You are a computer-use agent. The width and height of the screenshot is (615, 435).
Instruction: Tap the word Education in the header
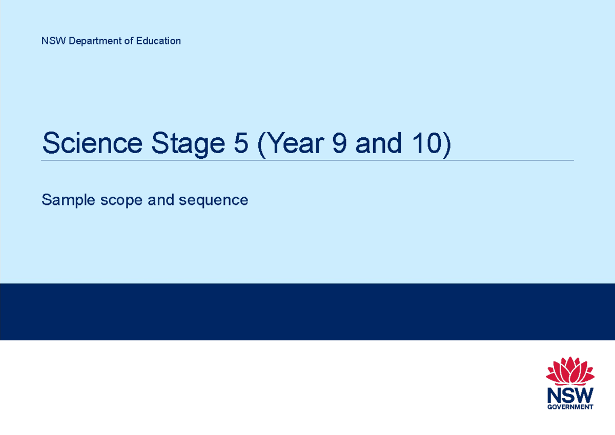[x=158, y=41]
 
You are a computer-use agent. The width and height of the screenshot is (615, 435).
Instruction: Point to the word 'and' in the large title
[x=378, y=143]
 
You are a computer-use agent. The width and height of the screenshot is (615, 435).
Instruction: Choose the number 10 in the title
[x=425, y=143]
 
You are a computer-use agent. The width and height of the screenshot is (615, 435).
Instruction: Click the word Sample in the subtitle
[x=65, y=200]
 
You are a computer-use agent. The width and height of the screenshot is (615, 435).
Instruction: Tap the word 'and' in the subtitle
[x=161, y=200]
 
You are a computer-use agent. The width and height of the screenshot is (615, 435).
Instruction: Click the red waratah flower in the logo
[x=570, y=371]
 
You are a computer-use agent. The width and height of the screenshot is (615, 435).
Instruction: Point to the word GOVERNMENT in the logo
[x=570, y=407]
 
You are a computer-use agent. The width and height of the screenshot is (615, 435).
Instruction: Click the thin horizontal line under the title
[x=307, y=160]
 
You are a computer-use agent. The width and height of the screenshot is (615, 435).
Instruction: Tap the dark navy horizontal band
[x=307, y=312]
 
